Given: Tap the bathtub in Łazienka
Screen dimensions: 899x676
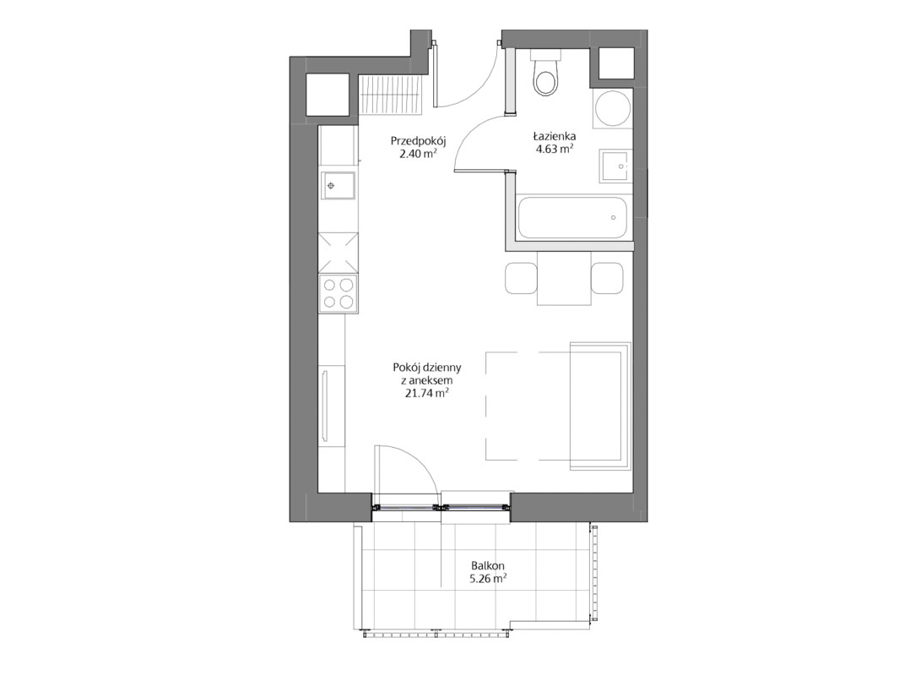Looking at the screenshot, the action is [x=572, y=217].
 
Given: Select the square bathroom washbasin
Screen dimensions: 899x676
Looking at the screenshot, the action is [x=615, y=166].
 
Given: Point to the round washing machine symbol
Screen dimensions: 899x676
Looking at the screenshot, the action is [x=612, y=108].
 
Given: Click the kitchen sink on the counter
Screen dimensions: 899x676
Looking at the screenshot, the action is [x=338, y=185].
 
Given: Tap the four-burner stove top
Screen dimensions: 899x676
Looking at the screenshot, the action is [x=338, y=293].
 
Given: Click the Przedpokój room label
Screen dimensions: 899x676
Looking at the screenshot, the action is [x=418, y=140].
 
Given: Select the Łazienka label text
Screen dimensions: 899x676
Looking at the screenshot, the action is [x=554, y=137].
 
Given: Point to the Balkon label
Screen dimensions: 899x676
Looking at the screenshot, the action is [x=488, y=566].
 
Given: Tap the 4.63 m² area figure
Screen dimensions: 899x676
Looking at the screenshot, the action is [x=554, y=150].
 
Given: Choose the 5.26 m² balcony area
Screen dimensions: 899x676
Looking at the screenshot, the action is [x=488, y=579].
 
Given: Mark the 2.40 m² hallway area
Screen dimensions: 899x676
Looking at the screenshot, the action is [x=418, y=153].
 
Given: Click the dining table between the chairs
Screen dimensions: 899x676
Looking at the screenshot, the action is [x=564, y=278].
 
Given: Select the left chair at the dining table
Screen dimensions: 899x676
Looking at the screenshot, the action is [x=521, y=278].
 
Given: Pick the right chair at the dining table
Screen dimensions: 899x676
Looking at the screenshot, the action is [x=607, y=278].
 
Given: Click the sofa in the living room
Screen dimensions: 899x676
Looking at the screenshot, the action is [x=600, y=406].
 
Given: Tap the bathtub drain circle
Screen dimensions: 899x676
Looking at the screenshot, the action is [x=613, y=217].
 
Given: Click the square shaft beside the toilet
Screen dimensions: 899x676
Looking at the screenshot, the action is [x=616, y=63].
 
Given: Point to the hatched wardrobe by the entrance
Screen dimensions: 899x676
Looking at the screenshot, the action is [x=391, y=95].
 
